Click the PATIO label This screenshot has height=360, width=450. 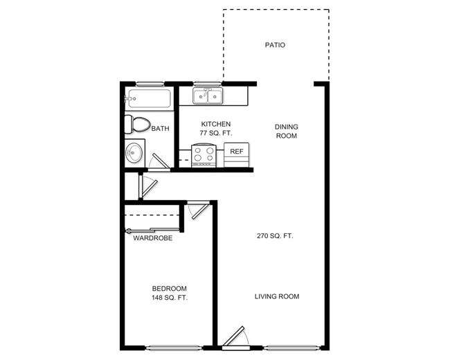point(275,45)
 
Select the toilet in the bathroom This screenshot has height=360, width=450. point(137,125)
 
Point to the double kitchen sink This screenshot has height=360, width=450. point(208,95)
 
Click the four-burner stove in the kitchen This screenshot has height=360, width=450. point(204,154)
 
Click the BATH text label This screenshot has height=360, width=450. point(161,128)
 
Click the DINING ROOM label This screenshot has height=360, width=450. point(286,131)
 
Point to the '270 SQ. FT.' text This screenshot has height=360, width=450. point(275,236)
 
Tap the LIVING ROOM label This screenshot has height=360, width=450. point(277,296)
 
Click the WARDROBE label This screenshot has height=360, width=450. point(153,237)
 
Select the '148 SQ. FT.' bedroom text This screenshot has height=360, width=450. point(170,298)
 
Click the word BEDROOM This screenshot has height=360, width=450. point(170,288)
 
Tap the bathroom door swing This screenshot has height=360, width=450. point(159,162)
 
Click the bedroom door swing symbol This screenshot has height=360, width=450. point(199,209)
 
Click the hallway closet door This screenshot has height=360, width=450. point(147,187)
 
